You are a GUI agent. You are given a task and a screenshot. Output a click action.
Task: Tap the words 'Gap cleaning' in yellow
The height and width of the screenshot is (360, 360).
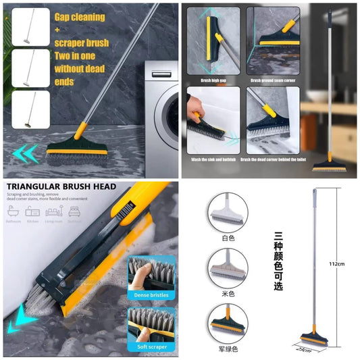click(x=80, y=16)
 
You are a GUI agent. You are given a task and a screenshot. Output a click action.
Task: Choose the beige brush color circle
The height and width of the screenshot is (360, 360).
click(x=228, y=269)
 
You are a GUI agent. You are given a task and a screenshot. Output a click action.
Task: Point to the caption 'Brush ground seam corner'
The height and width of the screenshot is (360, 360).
click(x=273, y=80)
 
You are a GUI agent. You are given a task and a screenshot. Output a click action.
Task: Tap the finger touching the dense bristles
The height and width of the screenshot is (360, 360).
click(x=144, y=273)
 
